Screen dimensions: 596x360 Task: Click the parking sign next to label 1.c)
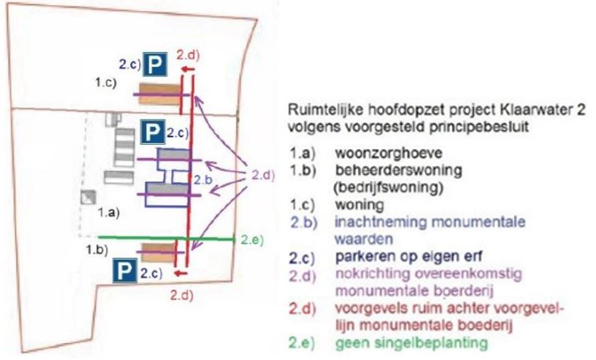point(157,64)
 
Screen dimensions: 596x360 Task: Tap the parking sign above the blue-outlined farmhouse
point(153,132)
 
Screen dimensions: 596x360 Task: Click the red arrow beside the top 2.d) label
point(187,69)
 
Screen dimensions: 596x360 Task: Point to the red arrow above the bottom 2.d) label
point(181,273)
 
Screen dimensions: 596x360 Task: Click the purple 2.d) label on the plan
point(263,175)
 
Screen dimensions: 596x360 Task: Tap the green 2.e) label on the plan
point(252,240)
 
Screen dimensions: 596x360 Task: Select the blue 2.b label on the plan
point(203,179)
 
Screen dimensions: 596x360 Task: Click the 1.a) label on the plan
point(109,212)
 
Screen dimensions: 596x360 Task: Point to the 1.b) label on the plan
point(97,250)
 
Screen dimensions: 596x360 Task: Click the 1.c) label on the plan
point(106,83)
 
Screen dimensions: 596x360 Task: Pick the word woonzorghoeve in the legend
point(389,153)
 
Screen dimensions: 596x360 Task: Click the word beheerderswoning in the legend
point(398,170)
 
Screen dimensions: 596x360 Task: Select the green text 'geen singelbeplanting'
point(411,343)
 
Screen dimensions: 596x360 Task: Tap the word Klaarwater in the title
point(526,110)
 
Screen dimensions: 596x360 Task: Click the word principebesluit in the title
point(479,127)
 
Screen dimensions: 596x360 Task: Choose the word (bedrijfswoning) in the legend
point(388,187)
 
